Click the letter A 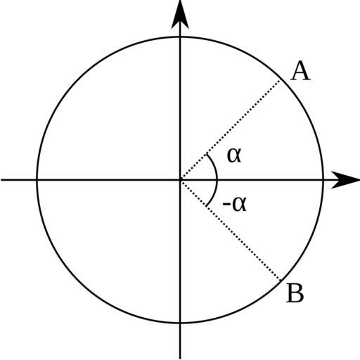[x=301, y=71]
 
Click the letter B [x=295, y=292]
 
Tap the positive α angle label [x=234, y=155]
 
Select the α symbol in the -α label [x=239, y=204]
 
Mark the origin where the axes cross [x=180, y=180]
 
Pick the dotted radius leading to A [x=230, y=130]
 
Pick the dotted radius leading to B [x=231, y=230]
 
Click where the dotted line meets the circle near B [x=281, y=281]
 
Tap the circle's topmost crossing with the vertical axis [x=180, y=37]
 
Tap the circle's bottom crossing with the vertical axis [x=180, y=323]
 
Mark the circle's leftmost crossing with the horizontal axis [x=37, y=180]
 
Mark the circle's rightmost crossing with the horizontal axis [x=323, y=180]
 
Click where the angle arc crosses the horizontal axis [x=217, y=180]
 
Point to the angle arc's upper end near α [x=206, y=154]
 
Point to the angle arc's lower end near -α [x=206, y=206]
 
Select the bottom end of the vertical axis [x=180, y=359]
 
